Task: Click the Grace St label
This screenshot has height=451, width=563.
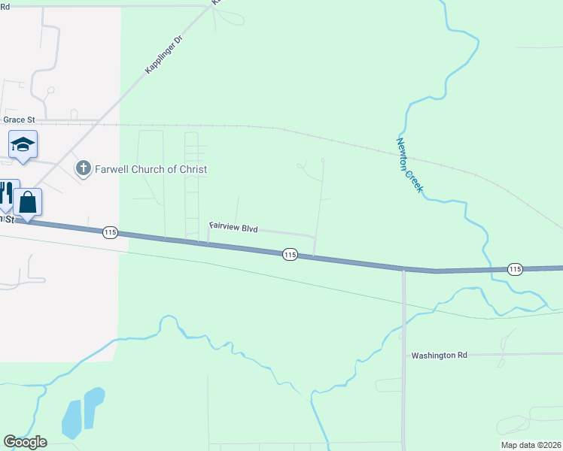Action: (19, 120)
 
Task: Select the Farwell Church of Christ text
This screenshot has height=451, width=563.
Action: (151, 169)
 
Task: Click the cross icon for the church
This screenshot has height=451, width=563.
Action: (84, 168)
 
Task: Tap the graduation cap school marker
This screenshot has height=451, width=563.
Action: (23, 144)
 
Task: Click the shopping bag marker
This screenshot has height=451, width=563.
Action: (28, 202)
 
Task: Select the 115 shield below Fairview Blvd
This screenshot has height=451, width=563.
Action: (291, 256)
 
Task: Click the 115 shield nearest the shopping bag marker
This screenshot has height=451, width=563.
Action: (111, 233)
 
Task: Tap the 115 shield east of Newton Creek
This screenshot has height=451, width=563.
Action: (515, 269)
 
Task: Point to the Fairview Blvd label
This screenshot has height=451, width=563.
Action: (233, 227)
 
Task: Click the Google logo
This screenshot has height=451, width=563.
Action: (25, 442)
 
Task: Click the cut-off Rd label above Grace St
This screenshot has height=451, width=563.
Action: (5, 6)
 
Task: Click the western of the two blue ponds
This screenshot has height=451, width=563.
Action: (72, 419)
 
